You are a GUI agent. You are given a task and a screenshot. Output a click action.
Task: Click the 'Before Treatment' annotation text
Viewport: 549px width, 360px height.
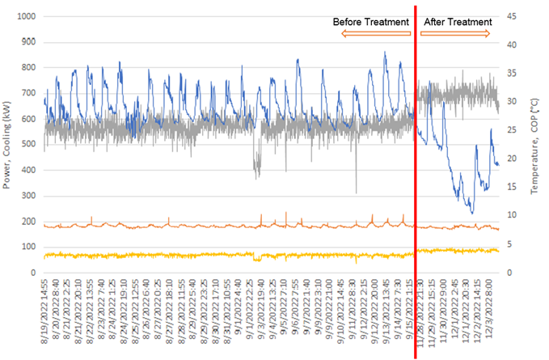[x=371, y=22]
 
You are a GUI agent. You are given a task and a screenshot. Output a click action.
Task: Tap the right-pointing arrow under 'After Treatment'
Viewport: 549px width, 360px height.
[x=455, y=33]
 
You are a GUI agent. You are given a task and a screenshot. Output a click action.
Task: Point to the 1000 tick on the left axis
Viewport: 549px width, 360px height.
[x=26, y=17]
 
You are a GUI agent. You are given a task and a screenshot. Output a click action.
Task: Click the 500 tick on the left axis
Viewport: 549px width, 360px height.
[x=29, y=145]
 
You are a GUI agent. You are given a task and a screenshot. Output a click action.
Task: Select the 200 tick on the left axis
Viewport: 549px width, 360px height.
[x=29, y=221]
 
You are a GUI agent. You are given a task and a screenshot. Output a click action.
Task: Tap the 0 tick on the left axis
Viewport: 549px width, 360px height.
[x=35, y=272]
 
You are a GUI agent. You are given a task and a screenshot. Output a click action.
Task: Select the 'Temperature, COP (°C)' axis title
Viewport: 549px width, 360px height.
[x=536, y=144]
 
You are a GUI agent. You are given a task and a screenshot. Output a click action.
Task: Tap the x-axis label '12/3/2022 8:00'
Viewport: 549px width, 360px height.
[x=496, y=311]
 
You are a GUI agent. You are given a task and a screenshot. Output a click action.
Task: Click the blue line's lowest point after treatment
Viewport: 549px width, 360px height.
[x=472, y=213]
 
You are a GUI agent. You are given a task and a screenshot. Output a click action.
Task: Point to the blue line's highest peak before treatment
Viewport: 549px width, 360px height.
[x=385, y=53]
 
